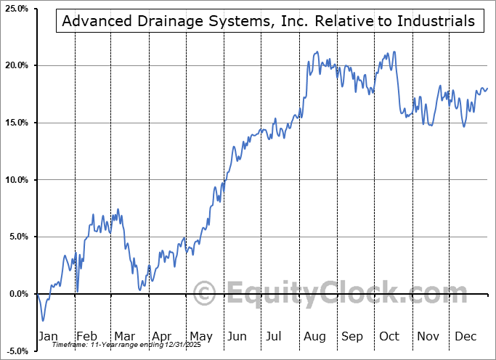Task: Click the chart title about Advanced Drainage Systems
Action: [269, 21]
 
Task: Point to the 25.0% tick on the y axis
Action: [16, 9]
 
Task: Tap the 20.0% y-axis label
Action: [16, 66]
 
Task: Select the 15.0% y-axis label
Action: [16, 123]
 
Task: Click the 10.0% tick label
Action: [16, 180]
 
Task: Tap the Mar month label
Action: [125, 336]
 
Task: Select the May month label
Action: [200, 336]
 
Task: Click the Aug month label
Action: [314, 336]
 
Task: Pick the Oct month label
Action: [390, 336]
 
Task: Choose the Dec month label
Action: [465, 336]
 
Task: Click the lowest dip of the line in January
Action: [43, 320]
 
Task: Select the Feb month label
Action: [87, 336]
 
